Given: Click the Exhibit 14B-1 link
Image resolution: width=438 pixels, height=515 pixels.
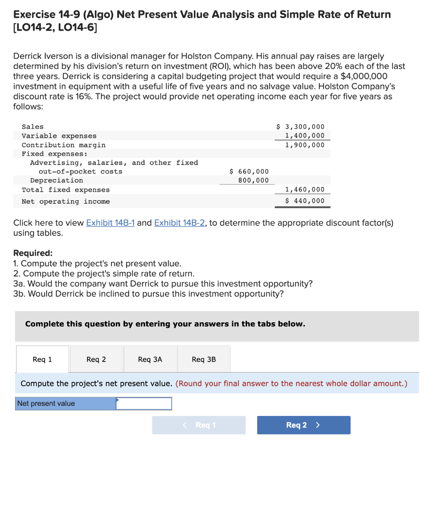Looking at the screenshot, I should coord(111,223).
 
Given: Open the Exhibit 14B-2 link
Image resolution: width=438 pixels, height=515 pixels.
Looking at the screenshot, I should coord(179,223).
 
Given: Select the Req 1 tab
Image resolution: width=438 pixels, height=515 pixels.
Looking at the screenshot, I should coord(42,359).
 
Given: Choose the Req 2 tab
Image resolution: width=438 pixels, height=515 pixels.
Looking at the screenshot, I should coord(96,359).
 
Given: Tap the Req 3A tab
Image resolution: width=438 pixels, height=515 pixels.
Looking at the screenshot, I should coord(150,359).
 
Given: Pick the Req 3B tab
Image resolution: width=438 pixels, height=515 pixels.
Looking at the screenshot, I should coord(203,359).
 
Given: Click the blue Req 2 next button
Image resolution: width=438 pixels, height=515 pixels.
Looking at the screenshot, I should coord(303,425).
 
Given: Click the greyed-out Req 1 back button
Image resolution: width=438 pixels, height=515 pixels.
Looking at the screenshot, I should coord(199,425).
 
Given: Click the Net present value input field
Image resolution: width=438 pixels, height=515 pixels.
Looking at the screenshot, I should coord(144,403).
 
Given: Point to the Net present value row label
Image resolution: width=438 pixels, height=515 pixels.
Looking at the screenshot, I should coord(46,403).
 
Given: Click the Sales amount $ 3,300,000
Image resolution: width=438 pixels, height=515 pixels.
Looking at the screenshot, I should coord(301,127).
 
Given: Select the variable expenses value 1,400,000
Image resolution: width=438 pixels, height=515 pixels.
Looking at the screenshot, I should coord(304,136).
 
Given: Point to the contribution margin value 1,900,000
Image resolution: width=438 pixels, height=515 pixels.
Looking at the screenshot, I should coord(304,145).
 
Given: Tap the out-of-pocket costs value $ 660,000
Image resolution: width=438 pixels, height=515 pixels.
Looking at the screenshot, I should coord(249,171).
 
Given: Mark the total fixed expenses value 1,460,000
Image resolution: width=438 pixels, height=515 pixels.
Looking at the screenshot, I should coord(304,190).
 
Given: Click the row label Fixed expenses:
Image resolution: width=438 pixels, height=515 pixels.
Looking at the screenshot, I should coord(54,154).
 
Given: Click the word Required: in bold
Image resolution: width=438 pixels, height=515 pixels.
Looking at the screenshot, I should coord(33,253).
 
